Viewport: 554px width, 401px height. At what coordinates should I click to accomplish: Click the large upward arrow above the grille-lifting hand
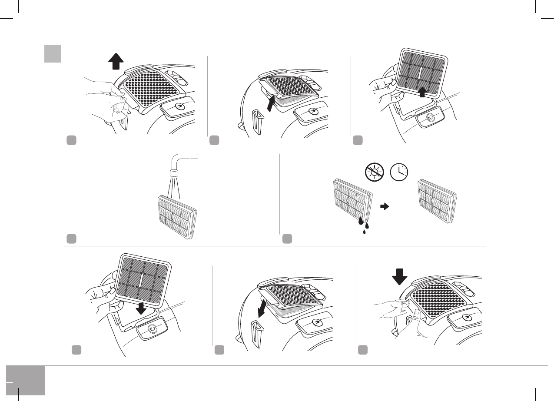point(115,62)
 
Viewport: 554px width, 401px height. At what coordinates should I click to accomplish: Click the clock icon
point(398,172)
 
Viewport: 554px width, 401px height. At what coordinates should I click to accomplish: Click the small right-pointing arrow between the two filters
point(384,207)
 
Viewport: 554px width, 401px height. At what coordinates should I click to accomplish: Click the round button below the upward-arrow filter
point(430,118)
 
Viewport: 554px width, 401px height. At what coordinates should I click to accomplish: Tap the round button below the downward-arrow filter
point(151,329)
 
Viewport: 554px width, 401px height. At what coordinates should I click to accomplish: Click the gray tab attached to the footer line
point(26,380)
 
